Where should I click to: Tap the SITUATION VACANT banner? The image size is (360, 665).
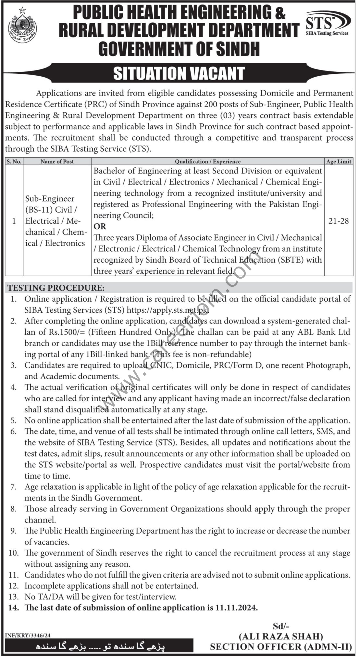coord(179,74)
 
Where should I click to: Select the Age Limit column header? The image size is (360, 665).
coord(339,161)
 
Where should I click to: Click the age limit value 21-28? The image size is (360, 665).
coord(339,221)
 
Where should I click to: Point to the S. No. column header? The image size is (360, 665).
coord(14,161)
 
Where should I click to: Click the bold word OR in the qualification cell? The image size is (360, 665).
coord(100,226)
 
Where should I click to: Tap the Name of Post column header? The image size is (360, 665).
coord(57,161)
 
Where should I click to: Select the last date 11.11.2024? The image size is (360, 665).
coord(236,608)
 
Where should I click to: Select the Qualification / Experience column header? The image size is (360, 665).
coord(208,161)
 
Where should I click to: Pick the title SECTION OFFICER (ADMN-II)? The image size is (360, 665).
coord(281,646)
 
